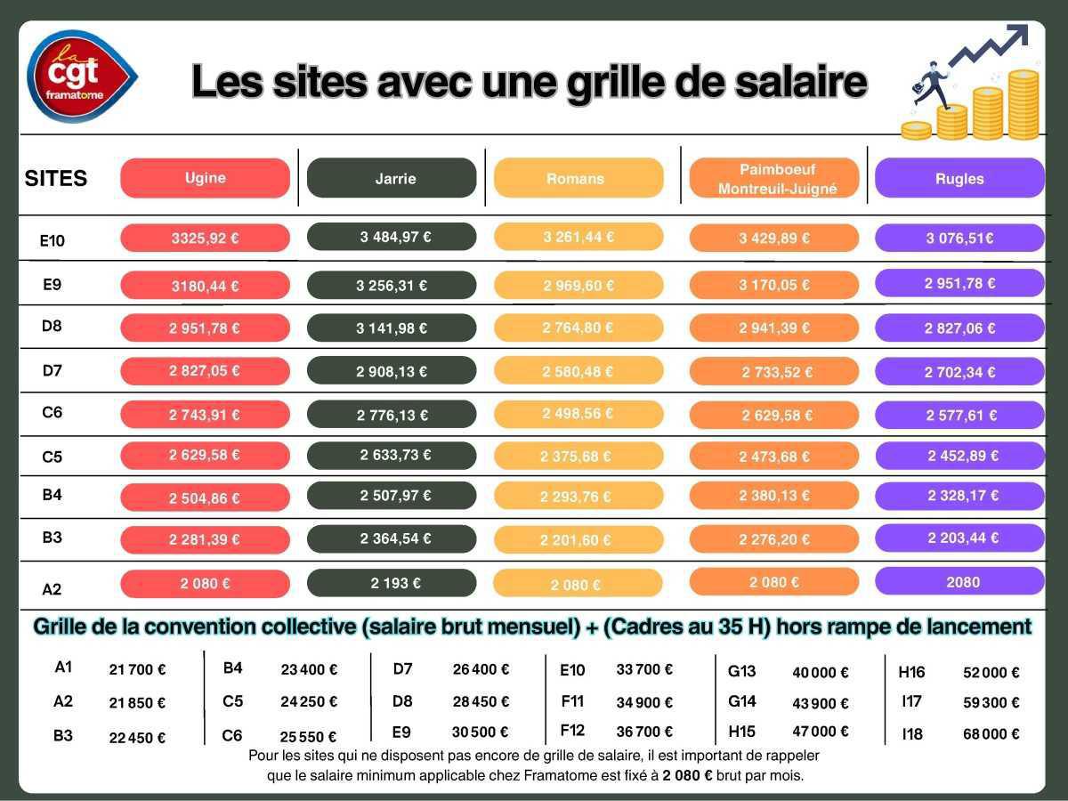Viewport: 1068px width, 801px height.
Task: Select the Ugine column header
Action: [205, 178]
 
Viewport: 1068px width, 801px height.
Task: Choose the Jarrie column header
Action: [392, 178]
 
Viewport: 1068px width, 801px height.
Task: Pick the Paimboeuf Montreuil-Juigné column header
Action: [773, 179]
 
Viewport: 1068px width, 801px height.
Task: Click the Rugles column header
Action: [959, 178]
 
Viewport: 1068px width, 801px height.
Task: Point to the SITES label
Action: [56, 179]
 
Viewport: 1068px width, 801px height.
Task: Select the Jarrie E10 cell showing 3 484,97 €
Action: [392, 237]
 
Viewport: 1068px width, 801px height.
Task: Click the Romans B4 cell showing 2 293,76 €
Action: [578, 497]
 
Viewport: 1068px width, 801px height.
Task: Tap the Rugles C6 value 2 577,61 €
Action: [959, 415]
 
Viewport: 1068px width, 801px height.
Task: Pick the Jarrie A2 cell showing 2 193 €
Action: [392, 583]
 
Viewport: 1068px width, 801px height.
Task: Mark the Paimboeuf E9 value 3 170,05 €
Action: [773, 285]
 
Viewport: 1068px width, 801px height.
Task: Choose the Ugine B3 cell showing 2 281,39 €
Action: [205, 539]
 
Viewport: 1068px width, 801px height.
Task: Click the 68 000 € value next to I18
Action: [991, 734]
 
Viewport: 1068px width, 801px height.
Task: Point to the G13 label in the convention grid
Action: [741, 671]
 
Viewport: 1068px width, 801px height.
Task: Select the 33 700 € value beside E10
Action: [644, 669]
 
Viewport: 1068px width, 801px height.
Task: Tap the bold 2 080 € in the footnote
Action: [687, 775]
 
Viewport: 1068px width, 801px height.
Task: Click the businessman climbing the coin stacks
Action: [930, 85]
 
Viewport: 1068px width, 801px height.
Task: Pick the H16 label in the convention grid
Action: [911, 672]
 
